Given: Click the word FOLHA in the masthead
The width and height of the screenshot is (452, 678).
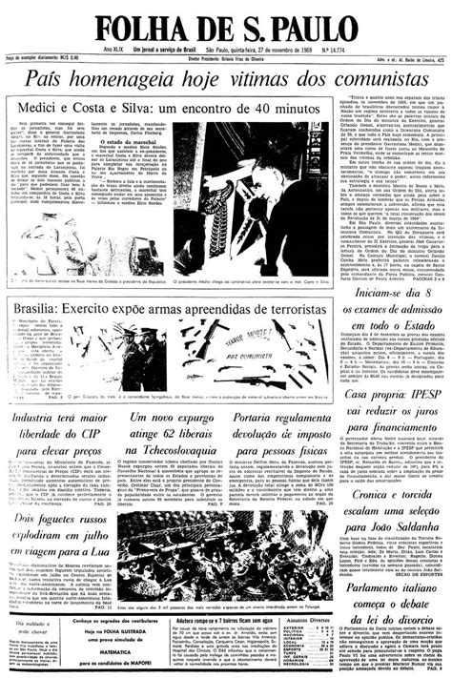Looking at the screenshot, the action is [142, 28].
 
